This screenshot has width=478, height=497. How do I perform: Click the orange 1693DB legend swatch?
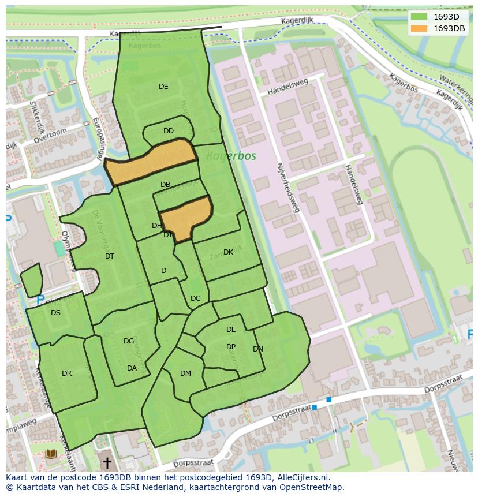(419, 28)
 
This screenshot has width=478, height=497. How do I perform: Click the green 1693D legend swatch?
(419, 17)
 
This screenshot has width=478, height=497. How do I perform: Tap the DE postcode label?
(163, 87)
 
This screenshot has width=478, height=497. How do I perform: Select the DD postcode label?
(169, 131)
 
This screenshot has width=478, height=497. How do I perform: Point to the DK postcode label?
(229, 252)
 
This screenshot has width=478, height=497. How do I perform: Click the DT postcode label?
(110, 256)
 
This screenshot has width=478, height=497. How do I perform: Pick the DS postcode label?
(55, 313)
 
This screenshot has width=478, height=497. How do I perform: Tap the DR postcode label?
(67, 373)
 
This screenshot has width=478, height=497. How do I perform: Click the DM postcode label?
(185, 373)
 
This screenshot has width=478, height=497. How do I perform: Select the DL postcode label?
(231, 330)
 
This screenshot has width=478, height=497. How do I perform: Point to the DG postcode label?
(129, 341)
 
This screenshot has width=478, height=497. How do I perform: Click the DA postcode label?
(132, 368)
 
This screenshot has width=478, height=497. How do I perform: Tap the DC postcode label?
(196, 298)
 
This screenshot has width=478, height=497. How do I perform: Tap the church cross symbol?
(107, 462)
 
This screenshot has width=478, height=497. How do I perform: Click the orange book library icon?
(51, 454)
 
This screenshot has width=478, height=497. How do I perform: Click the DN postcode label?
(258, 349)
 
